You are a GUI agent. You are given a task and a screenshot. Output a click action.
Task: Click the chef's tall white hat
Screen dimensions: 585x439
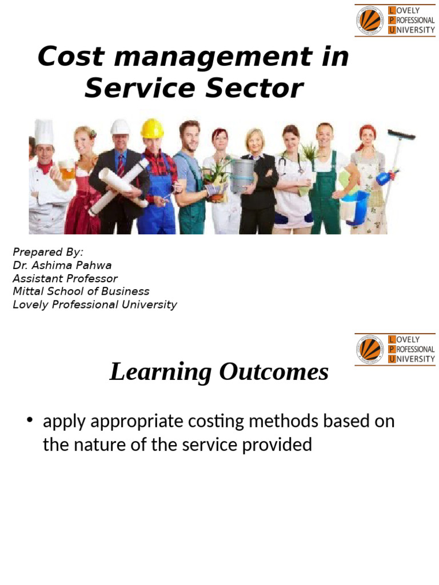tap(44, 133)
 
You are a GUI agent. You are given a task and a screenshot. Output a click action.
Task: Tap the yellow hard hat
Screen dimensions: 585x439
tap(152, 128)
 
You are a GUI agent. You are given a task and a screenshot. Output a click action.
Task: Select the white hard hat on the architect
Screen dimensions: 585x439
tap(120, 127)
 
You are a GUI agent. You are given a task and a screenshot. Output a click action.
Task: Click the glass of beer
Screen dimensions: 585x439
tap(68, 170)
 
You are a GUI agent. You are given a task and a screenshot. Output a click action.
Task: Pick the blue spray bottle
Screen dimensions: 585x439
tap(384, 178)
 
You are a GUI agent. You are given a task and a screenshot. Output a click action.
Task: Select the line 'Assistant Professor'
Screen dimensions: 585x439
tap(65, 279)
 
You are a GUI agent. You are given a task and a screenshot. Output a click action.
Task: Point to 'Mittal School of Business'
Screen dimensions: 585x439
tap(81, 292)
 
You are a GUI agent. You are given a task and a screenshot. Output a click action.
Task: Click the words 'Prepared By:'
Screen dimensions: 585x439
tap(48, 253)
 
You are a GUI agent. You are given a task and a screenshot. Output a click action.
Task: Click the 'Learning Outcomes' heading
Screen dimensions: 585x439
tap(219, 372)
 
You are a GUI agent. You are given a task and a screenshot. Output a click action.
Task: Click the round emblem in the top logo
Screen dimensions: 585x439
tap(370, 20)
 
